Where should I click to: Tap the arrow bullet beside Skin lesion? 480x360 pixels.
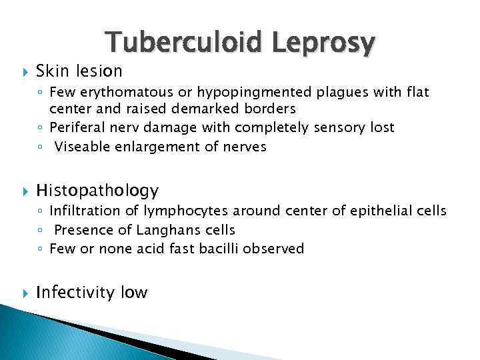point(24,71)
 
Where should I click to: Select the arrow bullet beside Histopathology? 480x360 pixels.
point(24,191)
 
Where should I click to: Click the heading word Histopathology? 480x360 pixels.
point(97,191)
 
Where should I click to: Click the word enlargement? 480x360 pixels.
point(157,147)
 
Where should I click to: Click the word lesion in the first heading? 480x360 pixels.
point(102,71)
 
